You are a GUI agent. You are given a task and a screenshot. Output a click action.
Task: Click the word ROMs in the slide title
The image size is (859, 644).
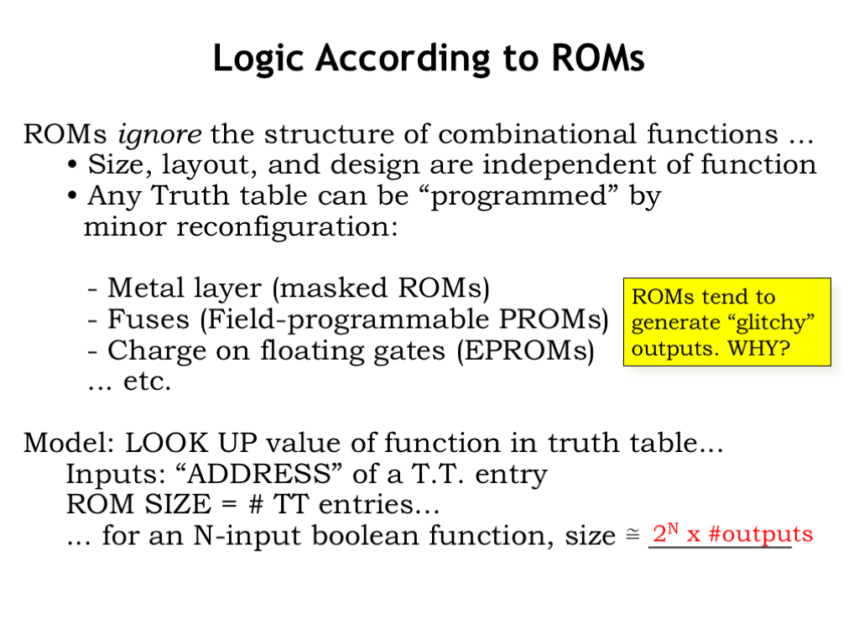597,58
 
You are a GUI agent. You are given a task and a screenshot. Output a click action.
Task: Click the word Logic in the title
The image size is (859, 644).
258,59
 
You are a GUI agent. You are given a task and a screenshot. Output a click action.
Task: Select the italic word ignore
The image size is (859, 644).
159,135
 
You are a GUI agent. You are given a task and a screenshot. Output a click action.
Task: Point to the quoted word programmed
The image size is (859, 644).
518,196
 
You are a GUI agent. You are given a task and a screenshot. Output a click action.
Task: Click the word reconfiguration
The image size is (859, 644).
287,228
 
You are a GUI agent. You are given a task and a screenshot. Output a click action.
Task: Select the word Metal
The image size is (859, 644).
145,288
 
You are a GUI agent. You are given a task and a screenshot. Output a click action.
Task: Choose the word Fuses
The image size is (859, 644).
148,319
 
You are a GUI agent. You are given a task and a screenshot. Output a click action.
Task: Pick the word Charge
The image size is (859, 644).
157,351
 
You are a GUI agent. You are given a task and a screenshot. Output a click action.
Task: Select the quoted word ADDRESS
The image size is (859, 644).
258,474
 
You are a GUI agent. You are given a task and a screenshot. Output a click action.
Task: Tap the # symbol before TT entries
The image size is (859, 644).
255,504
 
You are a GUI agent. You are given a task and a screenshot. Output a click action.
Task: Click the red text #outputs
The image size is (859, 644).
760,534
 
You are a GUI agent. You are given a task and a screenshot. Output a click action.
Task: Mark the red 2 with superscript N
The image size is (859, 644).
665,532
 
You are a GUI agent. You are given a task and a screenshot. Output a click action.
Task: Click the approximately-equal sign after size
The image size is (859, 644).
633,534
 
